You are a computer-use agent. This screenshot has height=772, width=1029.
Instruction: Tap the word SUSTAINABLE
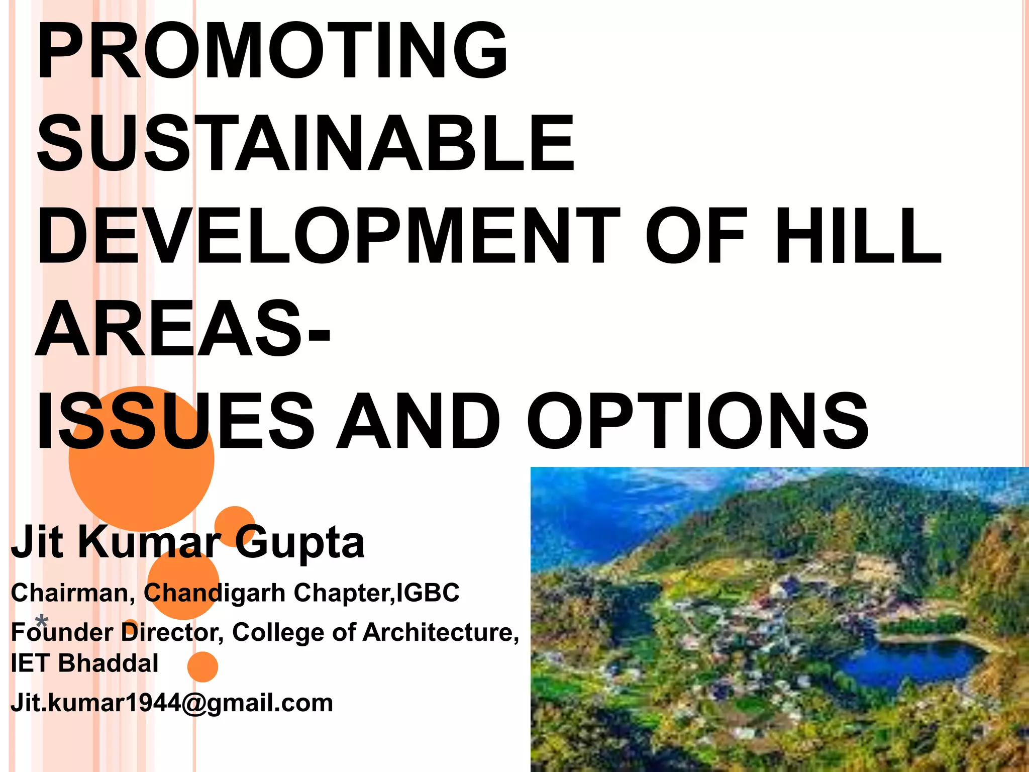tap(306, 143)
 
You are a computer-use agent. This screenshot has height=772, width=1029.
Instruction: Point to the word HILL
tap(858, 236)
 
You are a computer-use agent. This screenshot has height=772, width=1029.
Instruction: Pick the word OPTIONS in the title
tap(698, 421)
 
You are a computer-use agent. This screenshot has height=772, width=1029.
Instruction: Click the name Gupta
tap(300, 543)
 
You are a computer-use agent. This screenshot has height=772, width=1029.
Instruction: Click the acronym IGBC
tap(428, 593)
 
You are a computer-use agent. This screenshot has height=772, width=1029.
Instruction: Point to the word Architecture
tap(441, 632)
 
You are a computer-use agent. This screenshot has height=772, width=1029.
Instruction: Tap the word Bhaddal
tap(108, 663)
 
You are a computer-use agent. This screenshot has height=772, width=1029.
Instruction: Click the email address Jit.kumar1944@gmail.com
tap(172, 703)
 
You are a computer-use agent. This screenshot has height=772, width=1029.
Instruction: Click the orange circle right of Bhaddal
tap(202, 667)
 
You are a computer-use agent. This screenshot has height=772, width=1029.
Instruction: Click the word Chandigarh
tap(215, 593)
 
